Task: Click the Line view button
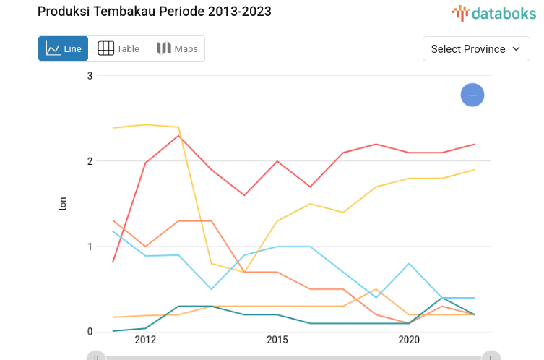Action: click(64, 49)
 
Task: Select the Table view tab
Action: click(118, 49)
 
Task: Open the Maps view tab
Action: click(177, 49)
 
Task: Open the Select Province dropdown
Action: click(475, 49)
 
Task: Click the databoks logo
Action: click(494, 13)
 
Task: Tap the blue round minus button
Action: click(472, 95)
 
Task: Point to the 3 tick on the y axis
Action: click(90, 76)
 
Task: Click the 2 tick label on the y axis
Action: click(90, 161)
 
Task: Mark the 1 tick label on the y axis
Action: click(90, 247)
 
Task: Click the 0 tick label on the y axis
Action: click(90, 332)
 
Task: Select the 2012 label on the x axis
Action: click(145, 340)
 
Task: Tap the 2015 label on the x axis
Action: click(277, 340)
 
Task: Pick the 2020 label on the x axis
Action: click(409, 340)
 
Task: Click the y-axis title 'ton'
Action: click(63, 204)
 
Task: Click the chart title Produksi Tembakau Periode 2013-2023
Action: click(155, 12)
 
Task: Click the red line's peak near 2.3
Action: click(178, 135)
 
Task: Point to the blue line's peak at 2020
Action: click(410, 264)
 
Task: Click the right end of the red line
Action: click(475, 144)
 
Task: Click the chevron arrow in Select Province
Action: click(516, 49)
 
